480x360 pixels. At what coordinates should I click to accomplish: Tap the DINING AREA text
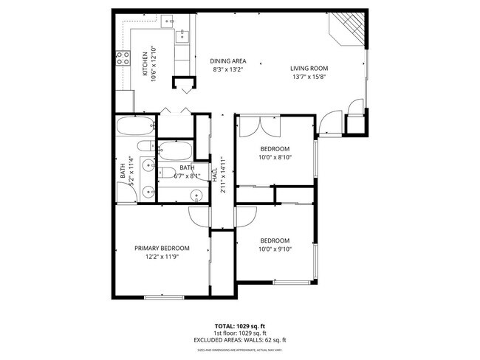click(x=228, y=60)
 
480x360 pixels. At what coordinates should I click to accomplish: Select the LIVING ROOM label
click(x=309, y=68)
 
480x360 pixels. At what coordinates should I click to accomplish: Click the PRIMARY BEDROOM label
click(x=162, y=248)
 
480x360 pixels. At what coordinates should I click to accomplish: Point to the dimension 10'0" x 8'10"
click(x=275, y=157)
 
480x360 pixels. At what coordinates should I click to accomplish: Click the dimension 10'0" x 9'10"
click(x=275, y=249)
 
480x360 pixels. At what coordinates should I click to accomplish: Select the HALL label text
click(x=215, y=176)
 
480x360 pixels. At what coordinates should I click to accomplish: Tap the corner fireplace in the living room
click(x=347, y=27)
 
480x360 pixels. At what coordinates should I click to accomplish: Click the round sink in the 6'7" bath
click(x=196, y=195)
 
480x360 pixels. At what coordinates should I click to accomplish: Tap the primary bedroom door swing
click(x=199, y=215)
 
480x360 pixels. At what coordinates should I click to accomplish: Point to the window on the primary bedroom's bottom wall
click(x=163, y=297)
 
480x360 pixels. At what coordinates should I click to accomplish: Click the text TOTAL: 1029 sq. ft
click(x=239, y=325)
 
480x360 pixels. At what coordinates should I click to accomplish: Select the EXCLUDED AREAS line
click(x=239, y=340)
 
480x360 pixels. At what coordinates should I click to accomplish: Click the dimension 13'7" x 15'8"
click(x=309, y=77)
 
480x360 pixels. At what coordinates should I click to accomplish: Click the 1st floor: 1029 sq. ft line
click(x=239, y=333)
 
